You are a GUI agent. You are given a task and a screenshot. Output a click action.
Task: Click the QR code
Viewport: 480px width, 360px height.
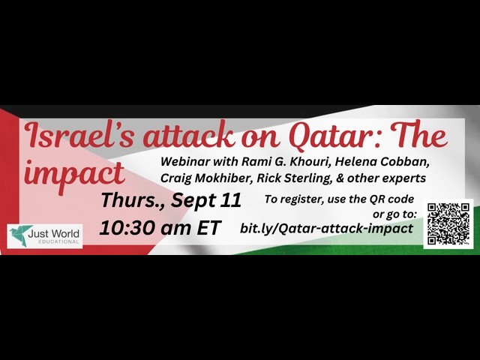[448, 223]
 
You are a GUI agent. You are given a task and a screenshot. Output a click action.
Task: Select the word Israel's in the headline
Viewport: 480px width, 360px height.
[80, 135]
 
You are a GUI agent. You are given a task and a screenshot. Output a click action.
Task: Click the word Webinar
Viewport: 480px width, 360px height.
[185, 161]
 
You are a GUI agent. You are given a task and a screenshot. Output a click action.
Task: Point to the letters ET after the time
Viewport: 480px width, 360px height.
[208, 228]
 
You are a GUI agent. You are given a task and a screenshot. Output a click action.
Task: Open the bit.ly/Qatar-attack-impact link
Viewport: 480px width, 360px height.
[327, 228]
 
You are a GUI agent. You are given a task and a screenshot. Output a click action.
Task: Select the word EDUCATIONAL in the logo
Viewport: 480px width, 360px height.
[58, 241]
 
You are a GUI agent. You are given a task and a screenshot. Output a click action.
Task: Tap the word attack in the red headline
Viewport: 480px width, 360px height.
[189, 136]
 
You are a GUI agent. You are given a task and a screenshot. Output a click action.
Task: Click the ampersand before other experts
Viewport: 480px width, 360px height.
[340, 178]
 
